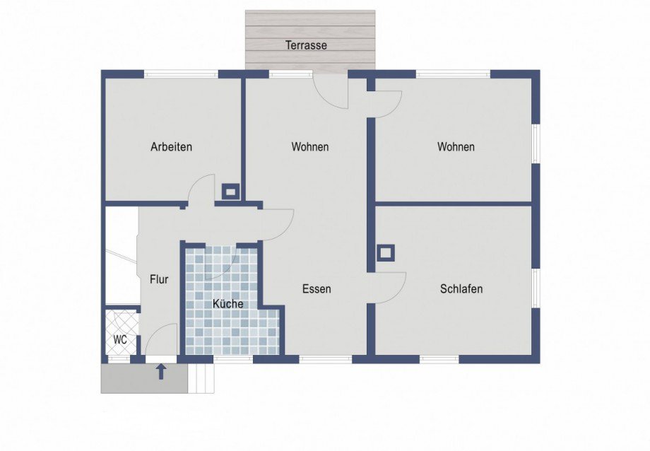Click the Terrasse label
[x=306, y=45]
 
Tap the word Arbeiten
[x=171, y=146]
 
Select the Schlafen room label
[x=461, y=289]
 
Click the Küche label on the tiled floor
[x=228, y=304]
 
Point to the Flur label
[x=159, y=279]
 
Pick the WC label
[x=120, y=340]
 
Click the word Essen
[x=317, y=289]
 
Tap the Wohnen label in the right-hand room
[x=456, y=146]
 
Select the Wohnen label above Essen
[x=310, y=146]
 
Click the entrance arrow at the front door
[x=162, y=371]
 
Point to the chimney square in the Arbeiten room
[x=230, y=192]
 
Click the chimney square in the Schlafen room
[x=386, y=252]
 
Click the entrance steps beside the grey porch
[x=202, y=378]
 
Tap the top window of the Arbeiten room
[x=181, y=74]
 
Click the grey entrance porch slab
[x=144, y=378]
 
